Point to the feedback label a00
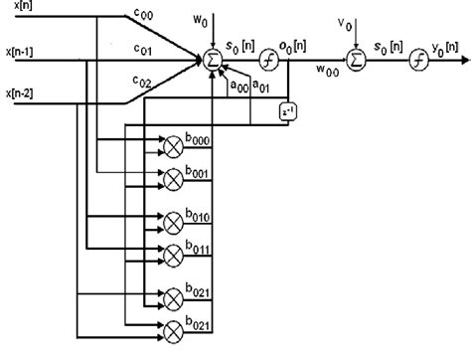238,88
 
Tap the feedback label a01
261,88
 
